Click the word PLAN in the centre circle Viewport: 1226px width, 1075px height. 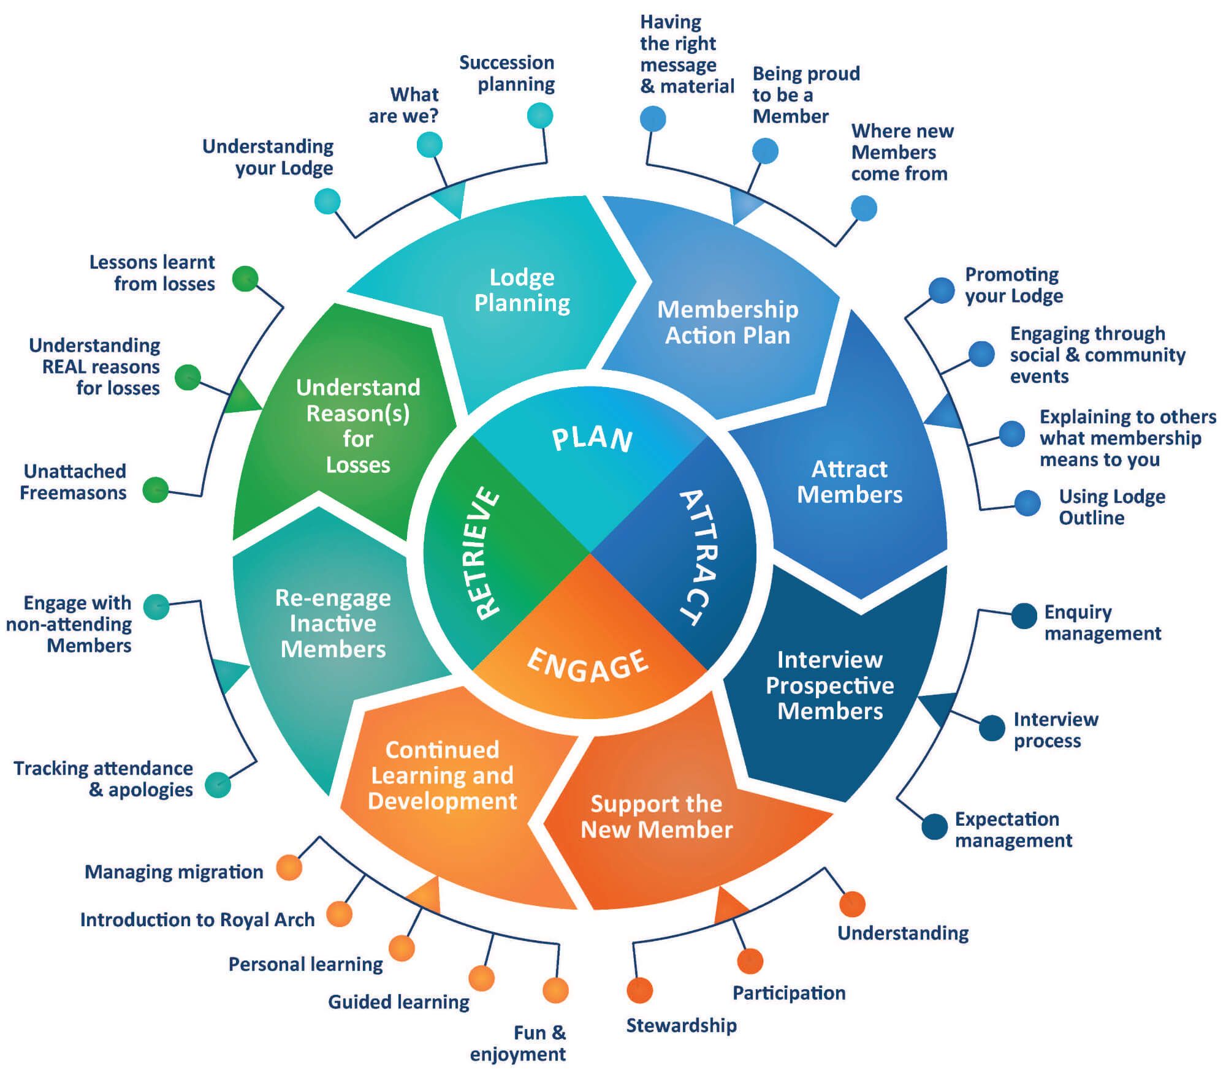(592, 439)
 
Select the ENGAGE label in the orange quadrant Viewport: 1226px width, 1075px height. (587, 665)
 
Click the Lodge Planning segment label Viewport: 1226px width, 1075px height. (522, 290)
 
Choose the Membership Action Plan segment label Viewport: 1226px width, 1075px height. (728, 322)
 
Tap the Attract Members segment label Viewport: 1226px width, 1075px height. (850, 481)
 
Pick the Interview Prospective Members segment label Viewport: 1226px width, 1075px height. (830, 685)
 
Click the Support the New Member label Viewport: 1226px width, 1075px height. (657, 817)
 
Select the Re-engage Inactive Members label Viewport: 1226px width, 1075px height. (333, 623)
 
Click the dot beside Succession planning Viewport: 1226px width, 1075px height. (540, 115)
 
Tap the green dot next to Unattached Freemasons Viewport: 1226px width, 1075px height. (156, 489)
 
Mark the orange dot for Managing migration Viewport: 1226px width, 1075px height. (289, 867)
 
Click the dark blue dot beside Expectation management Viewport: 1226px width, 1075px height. (934, 826)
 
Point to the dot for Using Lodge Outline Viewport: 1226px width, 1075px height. (1027, 503)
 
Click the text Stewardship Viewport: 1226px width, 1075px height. (681, 1025)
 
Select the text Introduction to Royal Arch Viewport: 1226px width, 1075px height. (197, 919)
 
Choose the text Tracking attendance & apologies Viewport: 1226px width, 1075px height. (103, 779)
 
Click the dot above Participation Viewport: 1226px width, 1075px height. (750, 961)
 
